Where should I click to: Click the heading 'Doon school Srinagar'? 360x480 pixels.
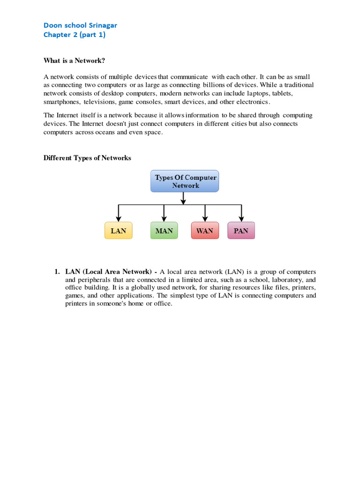[80, 25]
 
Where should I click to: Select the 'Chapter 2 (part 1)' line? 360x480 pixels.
[75, 35]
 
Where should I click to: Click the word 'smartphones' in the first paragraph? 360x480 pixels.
[61, 102]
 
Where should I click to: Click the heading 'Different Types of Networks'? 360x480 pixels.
[87, 158]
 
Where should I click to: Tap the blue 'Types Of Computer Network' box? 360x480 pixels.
[185, 181]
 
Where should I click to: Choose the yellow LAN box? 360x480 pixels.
[119, 231]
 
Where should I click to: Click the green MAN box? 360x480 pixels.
[164, 231]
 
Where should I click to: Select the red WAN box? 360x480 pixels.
[205, 231]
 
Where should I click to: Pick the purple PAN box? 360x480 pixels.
[241, 231]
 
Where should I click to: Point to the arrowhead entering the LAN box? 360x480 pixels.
[119, 218]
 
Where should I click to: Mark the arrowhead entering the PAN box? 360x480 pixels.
[241, 218]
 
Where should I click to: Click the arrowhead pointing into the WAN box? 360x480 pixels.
[205, 218]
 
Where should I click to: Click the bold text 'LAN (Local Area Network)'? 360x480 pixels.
[108, 272]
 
